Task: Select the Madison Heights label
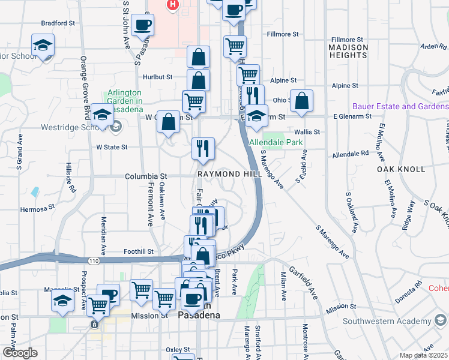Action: [348, 51]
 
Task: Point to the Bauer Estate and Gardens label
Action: [400, 106]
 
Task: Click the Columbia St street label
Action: [145, 176]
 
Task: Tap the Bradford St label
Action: [57, 23]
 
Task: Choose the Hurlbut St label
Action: [157, 77]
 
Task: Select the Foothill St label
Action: [139, 251]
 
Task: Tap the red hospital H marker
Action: [173, 5]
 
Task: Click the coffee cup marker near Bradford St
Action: [142, 25]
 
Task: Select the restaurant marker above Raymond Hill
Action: [203, 148]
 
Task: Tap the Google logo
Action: [19, 353]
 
